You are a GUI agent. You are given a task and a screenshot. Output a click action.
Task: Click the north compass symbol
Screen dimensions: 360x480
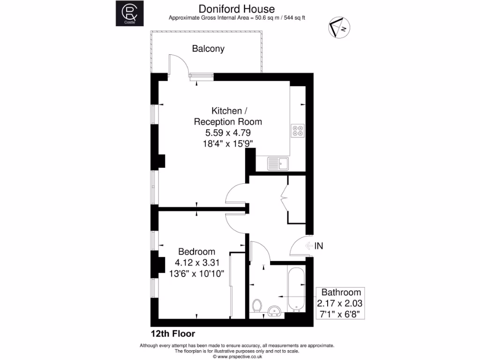coord(338,28)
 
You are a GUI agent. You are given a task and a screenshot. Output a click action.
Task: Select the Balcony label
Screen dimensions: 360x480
coord(208,48)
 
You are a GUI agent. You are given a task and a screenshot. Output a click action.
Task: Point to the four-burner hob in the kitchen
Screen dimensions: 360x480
coord(298,130)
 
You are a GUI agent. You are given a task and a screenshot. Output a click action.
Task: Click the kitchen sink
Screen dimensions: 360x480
coord(278,163)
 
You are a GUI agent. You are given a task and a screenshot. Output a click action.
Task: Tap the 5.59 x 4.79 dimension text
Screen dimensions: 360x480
coord(228,133)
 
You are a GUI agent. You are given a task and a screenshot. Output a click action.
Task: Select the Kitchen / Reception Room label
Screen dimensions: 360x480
coord(228,116)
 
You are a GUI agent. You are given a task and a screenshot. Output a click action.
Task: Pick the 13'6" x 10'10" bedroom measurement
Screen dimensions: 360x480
coord(197,273)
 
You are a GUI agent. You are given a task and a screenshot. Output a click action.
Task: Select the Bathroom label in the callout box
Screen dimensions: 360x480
coord(341,292)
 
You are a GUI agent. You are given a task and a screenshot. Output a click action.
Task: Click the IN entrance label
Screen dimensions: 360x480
coord(319,246)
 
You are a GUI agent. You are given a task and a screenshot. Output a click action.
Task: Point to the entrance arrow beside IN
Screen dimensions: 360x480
coord(308,246)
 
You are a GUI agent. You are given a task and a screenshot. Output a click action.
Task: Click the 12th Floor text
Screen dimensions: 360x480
coord(172,334)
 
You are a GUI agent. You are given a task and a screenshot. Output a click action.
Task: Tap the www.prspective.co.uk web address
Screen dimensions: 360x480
coord(237,356)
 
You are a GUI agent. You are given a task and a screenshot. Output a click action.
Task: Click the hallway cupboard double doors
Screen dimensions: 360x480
coord(285,199)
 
